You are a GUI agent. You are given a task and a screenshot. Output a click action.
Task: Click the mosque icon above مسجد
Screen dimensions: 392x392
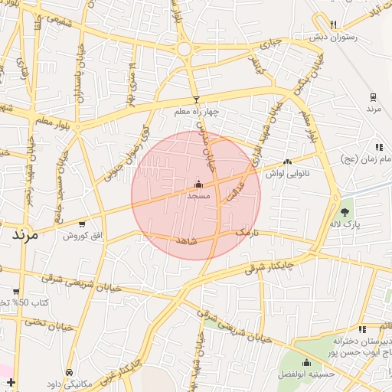coord(199,184)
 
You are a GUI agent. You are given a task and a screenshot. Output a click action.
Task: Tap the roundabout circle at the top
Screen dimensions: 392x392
coord(184,49)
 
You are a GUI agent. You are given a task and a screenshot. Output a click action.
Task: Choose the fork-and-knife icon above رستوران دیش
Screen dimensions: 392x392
coord(333,24)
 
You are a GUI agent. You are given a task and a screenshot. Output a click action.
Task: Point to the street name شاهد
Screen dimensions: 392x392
coord(187,241)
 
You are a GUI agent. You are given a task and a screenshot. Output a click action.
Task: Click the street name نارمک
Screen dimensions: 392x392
coord(247,232)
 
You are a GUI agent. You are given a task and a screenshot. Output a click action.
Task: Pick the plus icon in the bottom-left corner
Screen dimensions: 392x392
coord(10,381)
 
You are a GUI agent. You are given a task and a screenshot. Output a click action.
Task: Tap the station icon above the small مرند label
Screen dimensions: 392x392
coord(373,97)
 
